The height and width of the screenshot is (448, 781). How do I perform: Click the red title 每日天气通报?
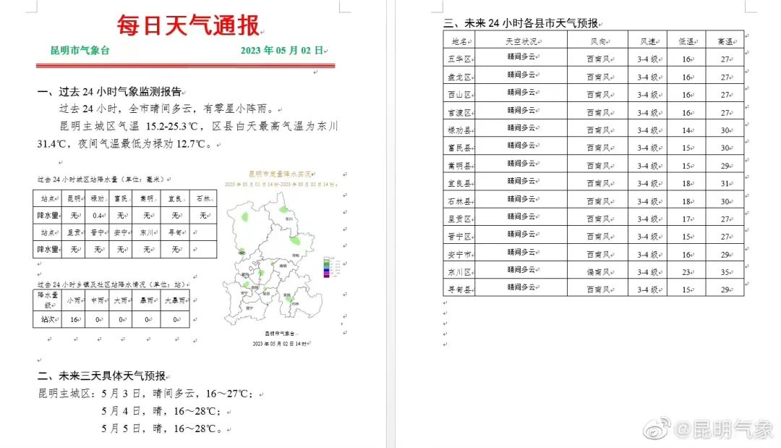(x=188, y=26)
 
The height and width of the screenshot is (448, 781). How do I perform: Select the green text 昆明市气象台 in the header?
(x=80, y=51)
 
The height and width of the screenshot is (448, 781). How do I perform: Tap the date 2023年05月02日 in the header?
(x=282, y=51)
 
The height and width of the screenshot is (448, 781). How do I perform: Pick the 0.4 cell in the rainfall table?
(x=98, y=215)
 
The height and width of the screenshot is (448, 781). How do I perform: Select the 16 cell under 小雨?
(x=73, y=318)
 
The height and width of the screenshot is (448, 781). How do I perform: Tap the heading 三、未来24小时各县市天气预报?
(x=521, y=24)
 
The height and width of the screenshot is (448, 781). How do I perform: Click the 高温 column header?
(x=724, y=42)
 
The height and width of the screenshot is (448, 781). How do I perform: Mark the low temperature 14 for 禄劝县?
(x=686, y=130)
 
